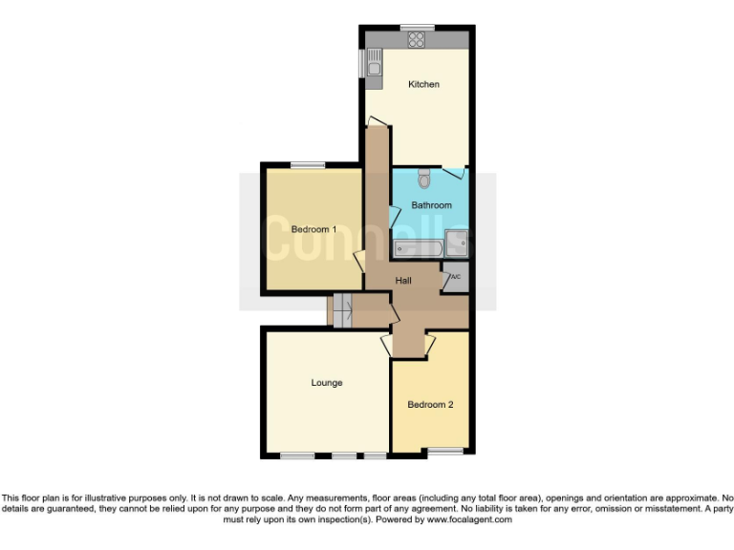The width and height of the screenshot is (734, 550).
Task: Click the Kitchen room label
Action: tap(423, 85)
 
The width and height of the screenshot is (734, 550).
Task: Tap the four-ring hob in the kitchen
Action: tap(417, 39)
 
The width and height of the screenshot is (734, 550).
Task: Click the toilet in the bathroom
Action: tap(424, 179)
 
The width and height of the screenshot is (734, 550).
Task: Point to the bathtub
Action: tap(418, 249)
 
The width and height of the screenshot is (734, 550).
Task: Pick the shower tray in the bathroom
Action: tap(459, 244)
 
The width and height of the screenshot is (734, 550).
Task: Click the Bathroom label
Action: tap(431, 205)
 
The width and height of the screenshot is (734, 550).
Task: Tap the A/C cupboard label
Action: tap(455, 277)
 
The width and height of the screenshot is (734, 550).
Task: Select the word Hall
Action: tap(403, 280)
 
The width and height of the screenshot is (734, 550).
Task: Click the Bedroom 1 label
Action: tap(313, 229)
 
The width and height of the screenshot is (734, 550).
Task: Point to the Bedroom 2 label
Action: tap(430, 405)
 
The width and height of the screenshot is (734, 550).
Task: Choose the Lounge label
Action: tap(327, 383)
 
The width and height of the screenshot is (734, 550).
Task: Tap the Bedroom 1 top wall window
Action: tap(308, 165)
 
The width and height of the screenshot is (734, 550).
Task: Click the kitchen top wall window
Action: tap(417, 26)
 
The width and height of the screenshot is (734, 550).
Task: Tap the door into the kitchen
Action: tap(378, 121)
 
